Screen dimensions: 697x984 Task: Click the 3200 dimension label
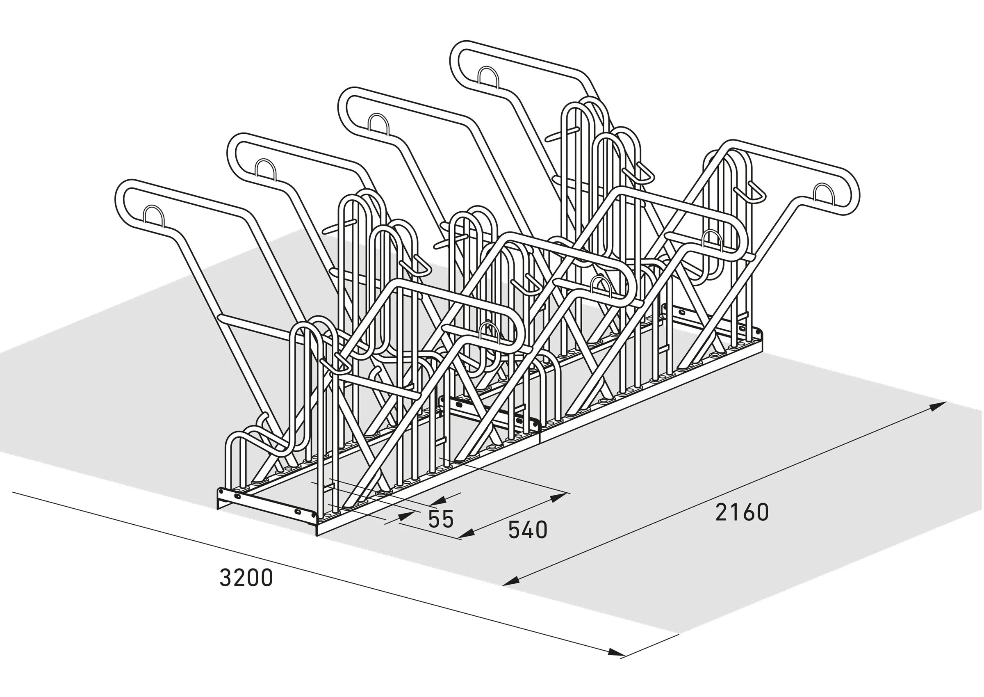click(x=246, y=578)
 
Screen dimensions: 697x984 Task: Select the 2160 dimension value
click(x=742, y=512)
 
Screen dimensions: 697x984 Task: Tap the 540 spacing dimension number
click(x=528, y=530)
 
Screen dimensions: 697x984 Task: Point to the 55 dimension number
click(x=440, y=519)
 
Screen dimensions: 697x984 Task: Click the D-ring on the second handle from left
click(x=266, y=169)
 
